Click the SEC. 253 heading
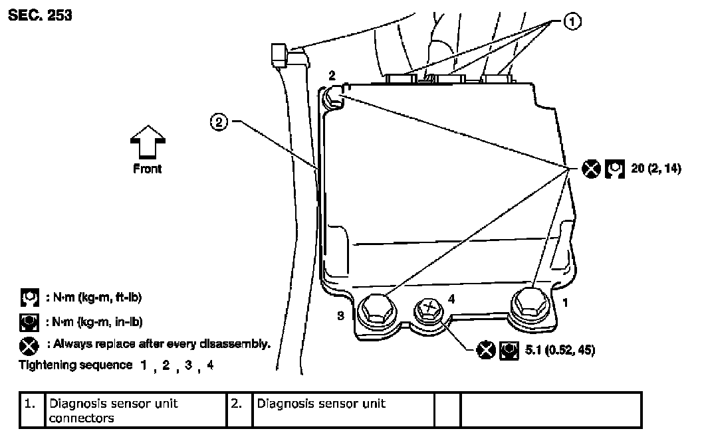40,14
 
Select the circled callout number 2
220,122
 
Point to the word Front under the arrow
148,169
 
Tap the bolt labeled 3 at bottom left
376,310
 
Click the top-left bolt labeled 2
334,100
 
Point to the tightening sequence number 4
210,365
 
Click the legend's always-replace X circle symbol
29,345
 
